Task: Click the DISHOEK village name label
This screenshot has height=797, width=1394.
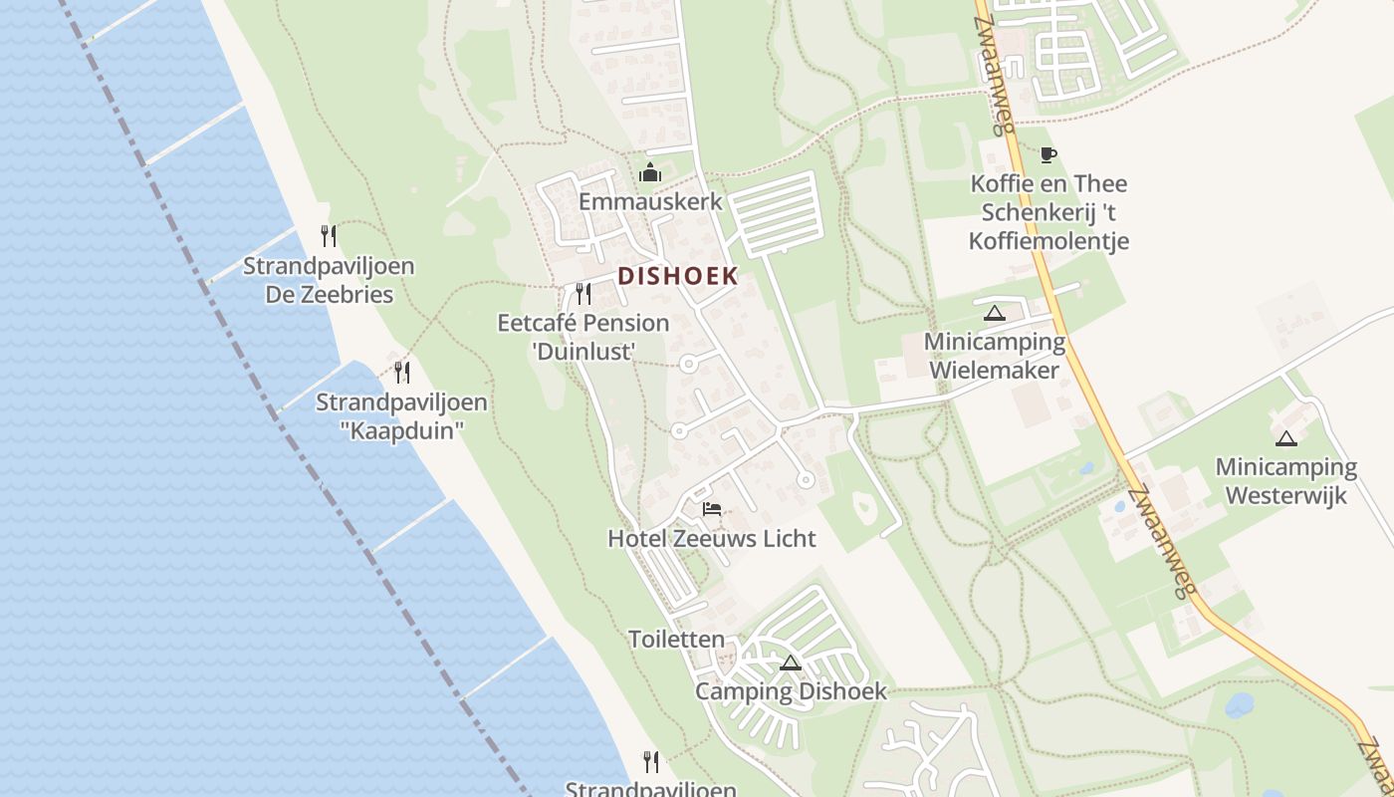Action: [678, 276]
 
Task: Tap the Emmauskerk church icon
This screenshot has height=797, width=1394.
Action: [650, 172]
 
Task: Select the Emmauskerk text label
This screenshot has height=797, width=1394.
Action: [650, 201]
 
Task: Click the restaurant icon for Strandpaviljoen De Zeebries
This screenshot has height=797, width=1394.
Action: [329, 236]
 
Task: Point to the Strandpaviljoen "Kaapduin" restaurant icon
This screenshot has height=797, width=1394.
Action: [402, 373]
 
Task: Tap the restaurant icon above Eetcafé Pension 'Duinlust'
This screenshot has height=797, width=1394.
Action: [583, 294]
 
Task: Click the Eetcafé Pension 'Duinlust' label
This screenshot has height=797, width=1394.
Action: [583, 337]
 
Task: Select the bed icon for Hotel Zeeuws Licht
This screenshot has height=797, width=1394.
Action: [712, 508]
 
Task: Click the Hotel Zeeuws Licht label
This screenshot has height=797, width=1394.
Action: [712, 539]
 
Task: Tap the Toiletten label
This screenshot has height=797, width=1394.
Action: [677, 640]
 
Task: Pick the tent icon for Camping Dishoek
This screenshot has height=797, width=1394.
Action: [791, 664]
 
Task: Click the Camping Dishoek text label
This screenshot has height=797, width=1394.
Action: [791, 691]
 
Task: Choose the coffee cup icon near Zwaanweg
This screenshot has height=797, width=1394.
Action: [1047, 154]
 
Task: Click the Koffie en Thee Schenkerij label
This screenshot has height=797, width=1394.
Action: [1054, 212]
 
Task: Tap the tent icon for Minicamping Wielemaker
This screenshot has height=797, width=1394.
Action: [994, 314]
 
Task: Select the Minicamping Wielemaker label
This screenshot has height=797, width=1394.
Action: [994, 356]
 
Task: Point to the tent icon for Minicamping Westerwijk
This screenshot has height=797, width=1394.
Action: [1286, 438]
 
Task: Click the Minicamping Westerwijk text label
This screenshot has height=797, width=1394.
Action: [1286, 480]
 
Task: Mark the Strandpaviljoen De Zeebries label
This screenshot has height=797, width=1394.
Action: [329, 280]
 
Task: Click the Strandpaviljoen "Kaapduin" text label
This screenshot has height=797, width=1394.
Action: [401, 416]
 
